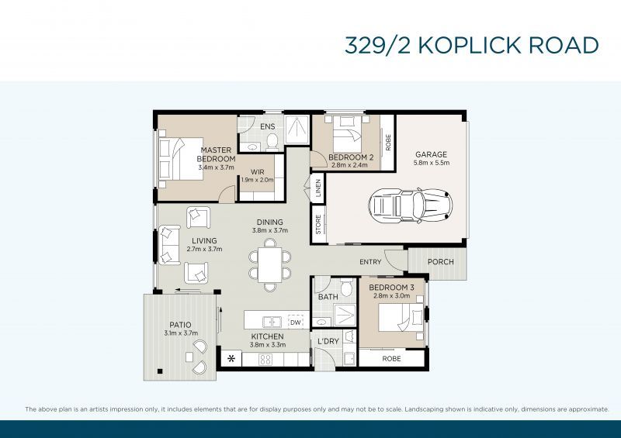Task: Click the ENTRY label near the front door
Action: [x=370, y=262]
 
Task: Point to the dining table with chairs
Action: [x=270, y=264]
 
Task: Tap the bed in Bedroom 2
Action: [x=344, y=139]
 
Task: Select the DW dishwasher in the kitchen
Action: [x=295, y=322]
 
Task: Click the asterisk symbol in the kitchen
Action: [x=231, y=359]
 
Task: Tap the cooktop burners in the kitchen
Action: [x=265, y=359]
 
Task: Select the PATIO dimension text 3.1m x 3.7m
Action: [x=181, y=333]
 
